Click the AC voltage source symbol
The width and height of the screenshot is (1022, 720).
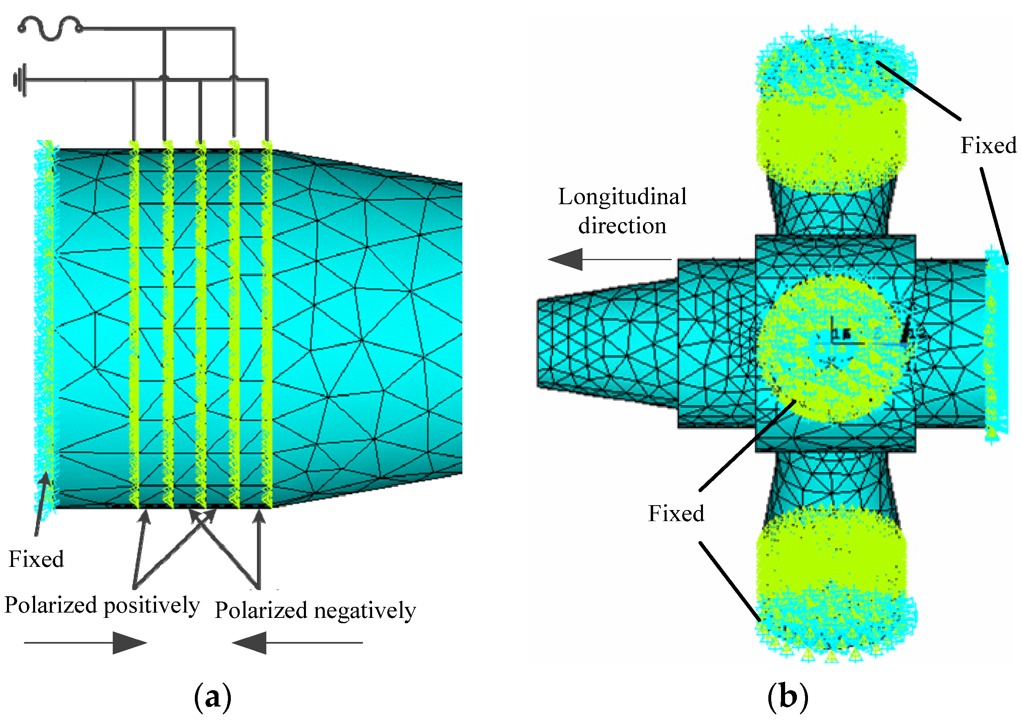click(50, 29)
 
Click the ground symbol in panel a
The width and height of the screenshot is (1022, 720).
click(20, 80)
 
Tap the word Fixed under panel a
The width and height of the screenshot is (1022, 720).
click(36, 560)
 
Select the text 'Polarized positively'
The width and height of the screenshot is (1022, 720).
click(102, 606)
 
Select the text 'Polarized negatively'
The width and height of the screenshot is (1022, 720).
click(315, 611)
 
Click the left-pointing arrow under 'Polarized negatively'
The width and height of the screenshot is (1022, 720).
click(297, 642)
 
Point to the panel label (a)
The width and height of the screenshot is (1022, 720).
click(213, 697)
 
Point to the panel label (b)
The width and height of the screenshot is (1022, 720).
click(788, 697)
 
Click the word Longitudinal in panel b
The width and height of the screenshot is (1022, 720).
click(622, 197)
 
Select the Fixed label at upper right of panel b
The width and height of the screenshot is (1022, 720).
click(988, 145)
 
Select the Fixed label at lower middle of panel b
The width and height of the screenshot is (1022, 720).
click(676, 513)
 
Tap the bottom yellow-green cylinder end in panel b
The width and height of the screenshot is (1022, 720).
click(832, 579)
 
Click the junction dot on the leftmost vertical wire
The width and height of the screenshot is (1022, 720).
click(165, 78)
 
